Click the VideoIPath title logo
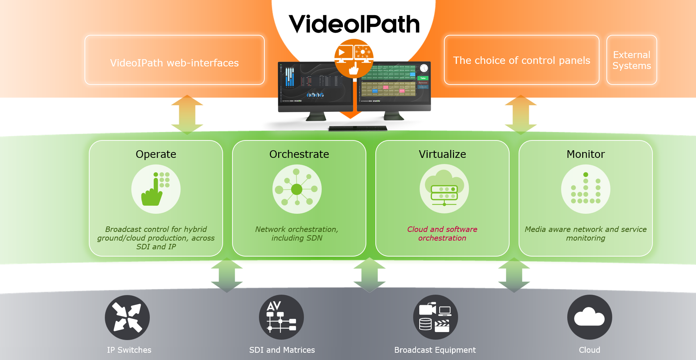[354, 24]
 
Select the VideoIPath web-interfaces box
[174, 60]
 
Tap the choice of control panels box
[521, 60]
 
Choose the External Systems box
[631, 60]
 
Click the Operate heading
[156, 154]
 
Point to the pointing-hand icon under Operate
[156, 189]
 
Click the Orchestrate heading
[299, 154]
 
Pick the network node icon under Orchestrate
[297, 189]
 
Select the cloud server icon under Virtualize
[444, 189]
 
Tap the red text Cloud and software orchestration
[442, 234]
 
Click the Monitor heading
[586, 154]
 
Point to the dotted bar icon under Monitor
[586, 189]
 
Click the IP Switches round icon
[127, 318]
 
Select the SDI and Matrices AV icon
[281, 318]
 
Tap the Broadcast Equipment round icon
[436, 318]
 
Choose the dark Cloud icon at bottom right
[590, 318]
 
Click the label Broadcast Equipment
[435, 350]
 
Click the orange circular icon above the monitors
[354, 58]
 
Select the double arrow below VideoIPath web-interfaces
[187, 115]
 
